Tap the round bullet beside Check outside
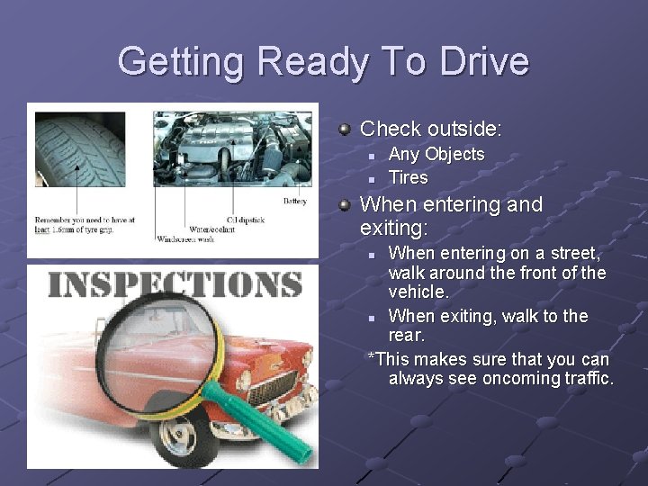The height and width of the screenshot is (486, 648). [345, 130]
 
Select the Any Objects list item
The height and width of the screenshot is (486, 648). [436, 155]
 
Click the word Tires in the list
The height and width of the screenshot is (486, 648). [408, 177]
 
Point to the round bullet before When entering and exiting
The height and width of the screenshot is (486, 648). [345, 205]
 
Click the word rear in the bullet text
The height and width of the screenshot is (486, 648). [406, 337]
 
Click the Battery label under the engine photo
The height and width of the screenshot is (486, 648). [294, 201]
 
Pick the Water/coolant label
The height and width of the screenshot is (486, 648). [212, 229]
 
